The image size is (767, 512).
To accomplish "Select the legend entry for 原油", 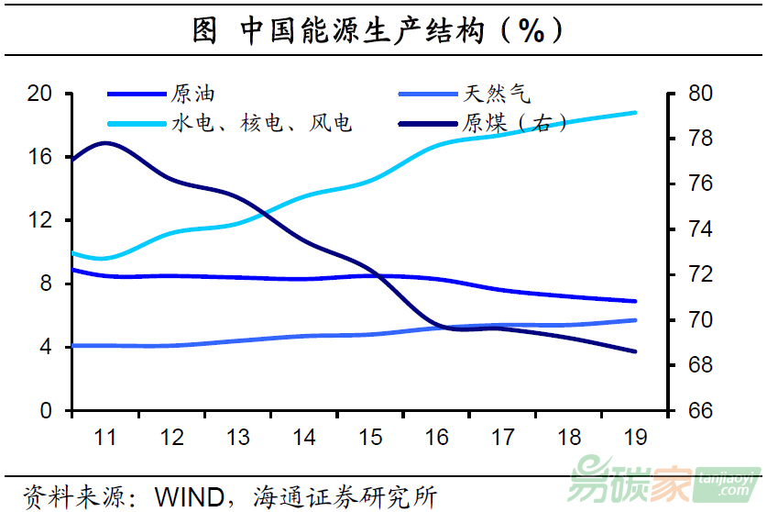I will click(193, 93).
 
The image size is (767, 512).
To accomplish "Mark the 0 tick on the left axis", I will click(45, 411).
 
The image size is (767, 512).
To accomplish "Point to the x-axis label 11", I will click(105, 437).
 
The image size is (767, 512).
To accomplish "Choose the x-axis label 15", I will click(370, 437).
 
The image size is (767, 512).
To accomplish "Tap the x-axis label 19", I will click(635, 437).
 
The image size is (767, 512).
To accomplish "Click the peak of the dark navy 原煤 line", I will click(106, 143).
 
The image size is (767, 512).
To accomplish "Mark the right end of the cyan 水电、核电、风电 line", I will click(635, 113).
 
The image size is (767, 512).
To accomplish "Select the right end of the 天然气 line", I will click(635, 320).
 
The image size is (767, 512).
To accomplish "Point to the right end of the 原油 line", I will click(635, 301).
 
